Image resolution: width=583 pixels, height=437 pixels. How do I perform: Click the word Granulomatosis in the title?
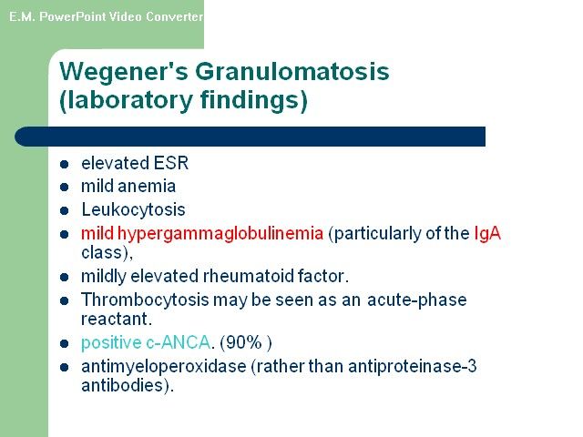point(292,71)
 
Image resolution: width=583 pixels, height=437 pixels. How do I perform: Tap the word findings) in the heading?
point(254,100)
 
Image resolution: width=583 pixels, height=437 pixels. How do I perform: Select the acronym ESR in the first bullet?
point(171,163)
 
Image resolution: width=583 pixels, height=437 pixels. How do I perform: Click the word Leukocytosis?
point(134,209)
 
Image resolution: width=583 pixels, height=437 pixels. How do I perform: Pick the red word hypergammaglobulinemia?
point(220,234)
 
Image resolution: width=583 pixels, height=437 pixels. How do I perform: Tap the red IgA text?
point(487,234)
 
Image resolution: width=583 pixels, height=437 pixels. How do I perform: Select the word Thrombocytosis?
point(145,300)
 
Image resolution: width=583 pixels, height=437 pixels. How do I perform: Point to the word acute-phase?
point(417,300)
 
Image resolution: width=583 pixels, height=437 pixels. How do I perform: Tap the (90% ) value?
point(246,342)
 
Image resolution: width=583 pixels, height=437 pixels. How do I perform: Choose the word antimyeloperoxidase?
point(164,367)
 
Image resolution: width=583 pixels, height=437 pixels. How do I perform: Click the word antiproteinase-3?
point(413,367)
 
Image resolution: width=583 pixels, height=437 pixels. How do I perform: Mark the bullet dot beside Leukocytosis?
point(64,210)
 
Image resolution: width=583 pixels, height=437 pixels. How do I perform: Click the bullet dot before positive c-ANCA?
point(64,344)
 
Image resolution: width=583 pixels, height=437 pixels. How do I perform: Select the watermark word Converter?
point(174,16)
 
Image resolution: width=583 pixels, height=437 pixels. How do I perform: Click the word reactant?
point(117,320)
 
